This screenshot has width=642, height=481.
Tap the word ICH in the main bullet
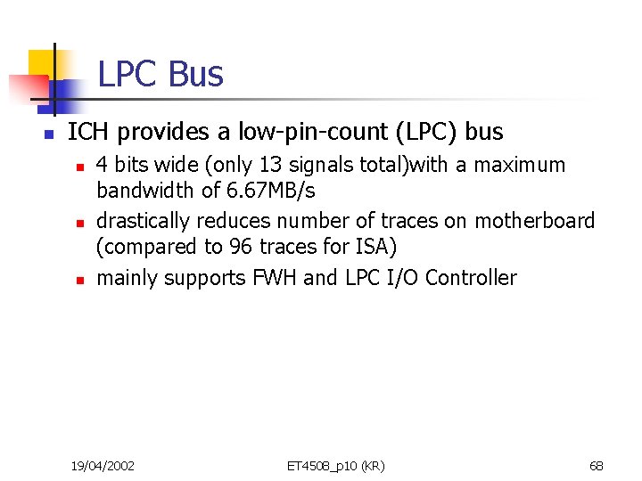pos(89,133)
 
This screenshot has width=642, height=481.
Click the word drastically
pos(143,221)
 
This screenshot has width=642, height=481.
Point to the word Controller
pos(471,278)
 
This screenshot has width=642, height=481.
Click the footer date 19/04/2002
pos(103,465)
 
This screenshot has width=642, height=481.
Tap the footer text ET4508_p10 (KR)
pos(335,465)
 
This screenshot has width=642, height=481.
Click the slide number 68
pos(597,465)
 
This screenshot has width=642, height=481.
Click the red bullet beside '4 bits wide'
pos(78,167)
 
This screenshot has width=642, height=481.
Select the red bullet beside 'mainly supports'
pos(78,280)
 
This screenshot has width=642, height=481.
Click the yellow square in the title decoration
pos(42,64)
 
